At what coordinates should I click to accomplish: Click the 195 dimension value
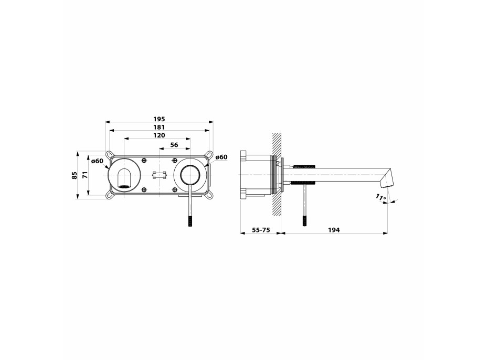click(x=159, y=119)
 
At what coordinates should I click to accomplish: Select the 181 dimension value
click(x=159, y=127)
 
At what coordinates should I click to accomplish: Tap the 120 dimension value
click(x=159, y=135)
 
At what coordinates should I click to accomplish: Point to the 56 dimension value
click(x=174, y=145)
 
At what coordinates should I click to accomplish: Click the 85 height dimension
click(x=74, y=175)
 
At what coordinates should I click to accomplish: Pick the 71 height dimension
click(x=85, y=175)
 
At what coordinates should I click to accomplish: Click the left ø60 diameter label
click(x=97, y=161)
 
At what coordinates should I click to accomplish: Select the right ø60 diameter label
click(x=221, y=157)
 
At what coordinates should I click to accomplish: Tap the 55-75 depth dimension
click(x=261, y=230)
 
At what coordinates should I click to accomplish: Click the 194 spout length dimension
click(x=334, y=230)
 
